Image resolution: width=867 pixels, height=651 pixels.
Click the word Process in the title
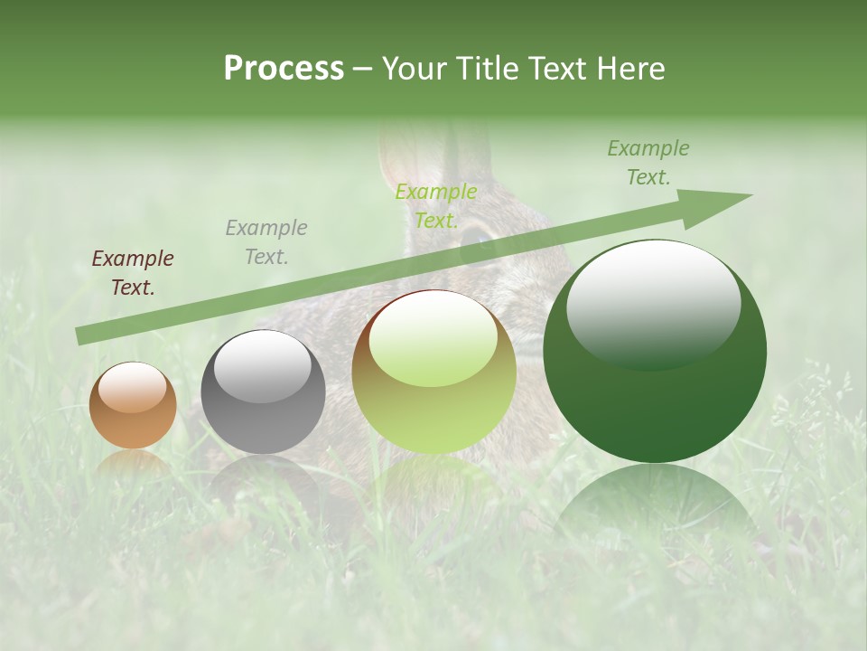click(x=284, y=69)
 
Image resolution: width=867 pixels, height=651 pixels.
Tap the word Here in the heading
click(x=630, y=69)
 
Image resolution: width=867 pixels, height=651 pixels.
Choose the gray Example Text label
click(x=266, y=241)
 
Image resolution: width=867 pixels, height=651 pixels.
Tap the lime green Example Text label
click(x=436, y=205)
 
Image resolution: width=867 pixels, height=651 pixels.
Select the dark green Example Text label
click(x=648, y=163)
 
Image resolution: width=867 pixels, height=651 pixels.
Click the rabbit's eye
click(x=475, y=238)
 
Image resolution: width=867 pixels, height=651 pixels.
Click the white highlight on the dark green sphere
click(x=653, y=303)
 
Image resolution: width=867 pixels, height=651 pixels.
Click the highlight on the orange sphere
click(x=132, y=386)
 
